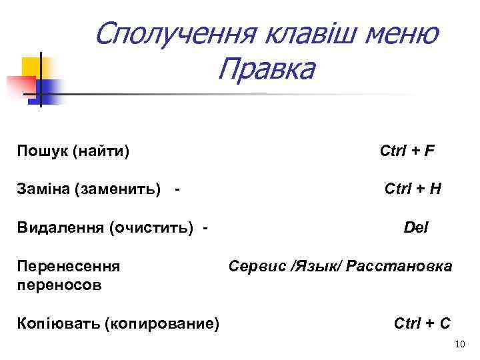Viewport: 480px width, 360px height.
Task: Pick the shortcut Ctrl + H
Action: coord(413,190)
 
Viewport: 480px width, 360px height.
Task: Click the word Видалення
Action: coord(58,229)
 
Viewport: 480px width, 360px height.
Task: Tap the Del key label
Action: coord(416,228)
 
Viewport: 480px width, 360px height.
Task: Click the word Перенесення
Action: coord(69,267)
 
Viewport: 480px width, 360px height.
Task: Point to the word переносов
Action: coord(59,285)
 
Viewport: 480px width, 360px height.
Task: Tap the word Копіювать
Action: coord(58,323)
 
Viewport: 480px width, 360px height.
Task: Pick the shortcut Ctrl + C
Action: coord(422,323)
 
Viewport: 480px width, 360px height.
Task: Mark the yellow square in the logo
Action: coord(31,67)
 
